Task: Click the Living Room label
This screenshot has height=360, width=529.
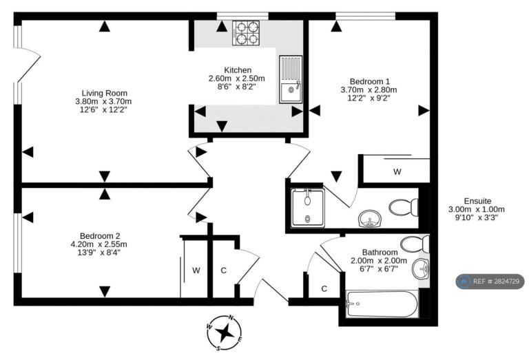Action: [105, 93]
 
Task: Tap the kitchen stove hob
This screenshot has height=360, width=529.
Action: [246, 33]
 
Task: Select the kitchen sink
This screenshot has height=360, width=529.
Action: [291, 79]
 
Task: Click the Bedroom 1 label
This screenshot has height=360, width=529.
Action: [369, 82]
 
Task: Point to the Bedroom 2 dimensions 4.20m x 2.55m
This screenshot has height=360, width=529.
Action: [99, 244]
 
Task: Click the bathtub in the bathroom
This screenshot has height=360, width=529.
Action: [382, 304]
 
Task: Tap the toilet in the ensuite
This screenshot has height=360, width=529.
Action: [404, 207]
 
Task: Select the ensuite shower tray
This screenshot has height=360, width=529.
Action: [307, 208]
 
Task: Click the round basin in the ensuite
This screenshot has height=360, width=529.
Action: [369, 218]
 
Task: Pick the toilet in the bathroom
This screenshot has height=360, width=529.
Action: [415, 244]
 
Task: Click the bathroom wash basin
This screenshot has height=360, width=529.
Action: [420, 269]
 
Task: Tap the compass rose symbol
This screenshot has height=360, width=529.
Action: [225, 332]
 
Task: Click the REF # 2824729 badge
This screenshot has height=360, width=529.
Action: [490, 281]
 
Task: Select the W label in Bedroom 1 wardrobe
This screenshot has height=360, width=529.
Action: [397, 172]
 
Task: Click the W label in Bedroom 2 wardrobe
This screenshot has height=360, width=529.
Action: [196, 271]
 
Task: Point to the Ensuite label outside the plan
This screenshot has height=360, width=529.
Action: [477, 201]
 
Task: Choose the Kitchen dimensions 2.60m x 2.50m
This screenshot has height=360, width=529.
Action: [237, 78]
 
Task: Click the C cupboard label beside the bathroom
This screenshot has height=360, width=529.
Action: [324, 289]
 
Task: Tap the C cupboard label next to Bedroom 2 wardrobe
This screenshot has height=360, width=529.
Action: [223, 271]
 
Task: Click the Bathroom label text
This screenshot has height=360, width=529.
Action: [380, 252]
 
